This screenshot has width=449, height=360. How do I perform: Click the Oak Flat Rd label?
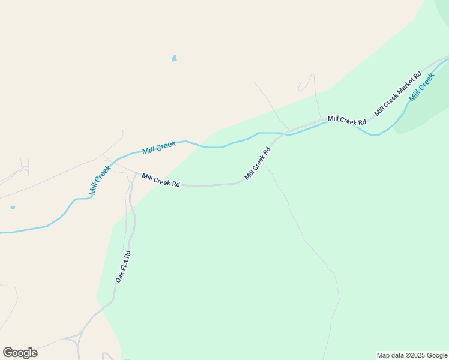(123, 267)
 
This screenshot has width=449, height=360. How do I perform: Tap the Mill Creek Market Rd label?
(397, 94)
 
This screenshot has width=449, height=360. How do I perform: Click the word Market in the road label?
(400, 91)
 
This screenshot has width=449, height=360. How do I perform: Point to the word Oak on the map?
(119, 278)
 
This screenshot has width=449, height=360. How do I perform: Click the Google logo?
(20, 353)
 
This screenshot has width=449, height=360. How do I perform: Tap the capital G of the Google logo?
(8, 353)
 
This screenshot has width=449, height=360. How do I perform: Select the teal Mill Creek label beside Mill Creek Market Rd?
(421, 86)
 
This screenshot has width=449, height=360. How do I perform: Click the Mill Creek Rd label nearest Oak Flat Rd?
(161, 180)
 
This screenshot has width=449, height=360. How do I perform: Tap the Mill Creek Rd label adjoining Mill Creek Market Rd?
(346, 121)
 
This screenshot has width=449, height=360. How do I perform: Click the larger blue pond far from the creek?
(174, 58)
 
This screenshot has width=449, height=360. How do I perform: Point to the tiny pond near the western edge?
(13, 208)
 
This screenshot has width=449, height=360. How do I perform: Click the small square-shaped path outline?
(25, 163)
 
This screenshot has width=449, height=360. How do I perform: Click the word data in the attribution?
(398, 355)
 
